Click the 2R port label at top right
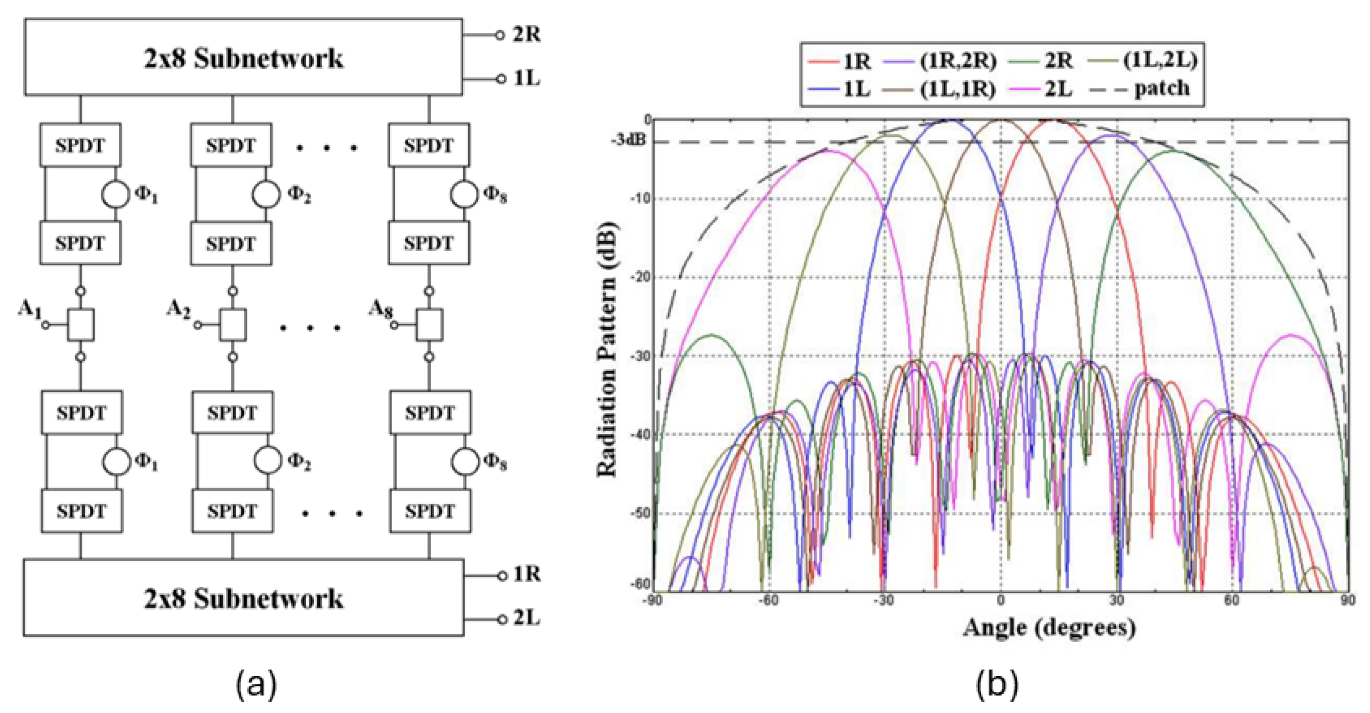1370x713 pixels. click(x=526, y=35)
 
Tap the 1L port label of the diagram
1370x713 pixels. click(x=526, y=79)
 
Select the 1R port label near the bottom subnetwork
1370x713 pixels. click(x=527, y=574)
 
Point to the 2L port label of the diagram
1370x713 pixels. click(x=526, y=618)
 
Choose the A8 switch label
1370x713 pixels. click(x=381, y=309)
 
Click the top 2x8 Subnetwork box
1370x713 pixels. click(x=244, y=58)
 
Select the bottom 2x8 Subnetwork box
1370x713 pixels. click(x=244, y=598)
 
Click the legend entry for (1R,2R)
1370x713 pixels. click(x=958, y=61)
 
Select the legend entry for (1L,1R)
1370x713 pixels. click(x=957, y=89)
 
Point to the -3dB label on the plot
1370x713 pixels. click(x=628, y=141)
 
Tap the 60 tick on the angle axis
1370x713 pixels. click(x=1232, y=601)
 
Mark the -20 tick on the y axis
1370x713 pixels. click(x=640, y=277)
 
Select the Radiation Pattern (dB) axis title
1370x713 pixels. click(x=607, y=349)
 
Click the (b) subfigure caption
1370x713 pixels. click(x=996, y=685)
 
